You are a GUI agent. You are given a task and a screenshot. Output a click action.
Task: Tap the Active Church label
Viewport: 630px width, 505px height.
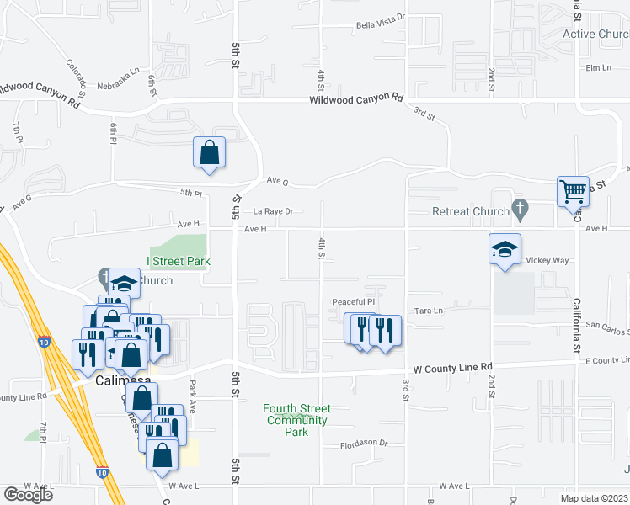point(595,35)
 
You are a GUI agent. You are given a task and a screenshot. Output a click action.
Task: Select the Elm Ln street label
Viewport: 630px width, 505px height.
point(598,67)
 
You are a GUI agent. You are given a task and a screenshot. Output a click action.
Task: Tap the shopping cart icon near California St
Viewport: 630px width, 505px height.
point(573,191)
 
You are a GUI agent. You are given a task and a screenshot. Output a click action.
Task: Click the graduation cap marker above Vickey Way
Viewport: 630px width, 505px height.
point(505,249)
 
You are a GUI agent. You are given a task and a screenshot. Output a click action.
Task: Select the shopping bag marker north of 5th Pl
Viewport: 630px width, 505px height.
point(210,153)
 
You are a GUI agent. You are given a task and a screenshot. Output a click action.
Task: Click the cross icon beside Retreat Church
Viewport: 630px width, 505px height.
point(521,208)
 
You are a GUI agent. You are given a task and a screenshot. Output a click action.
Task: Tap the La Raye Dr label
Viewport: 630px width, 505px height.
point(273,212)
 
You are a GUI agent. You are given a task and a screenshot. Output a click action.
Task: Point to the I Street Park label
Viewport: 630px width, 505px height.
point(179,262)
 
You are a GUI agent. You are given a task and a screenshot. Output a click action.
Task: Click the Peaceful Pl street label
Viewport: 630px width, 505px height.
point(352,301)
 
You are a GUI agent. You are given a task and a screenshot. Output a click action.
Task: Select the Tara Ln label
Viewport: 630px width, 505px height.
point(428,311)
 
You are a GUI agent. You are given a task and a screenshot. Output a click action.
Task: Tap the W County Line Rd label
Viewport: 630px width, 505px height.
point(453,368)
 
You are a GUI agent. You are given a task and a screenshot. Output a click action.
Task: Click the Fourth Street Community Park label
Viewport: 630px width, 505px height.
point(297,420)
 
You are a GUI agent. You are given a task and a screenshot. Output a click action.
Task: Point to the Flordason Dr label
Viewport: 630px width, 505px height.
point(364,443)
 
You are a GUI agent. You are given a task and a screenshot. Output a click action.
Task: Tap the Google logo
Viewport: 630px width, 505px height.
point(28,495)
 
